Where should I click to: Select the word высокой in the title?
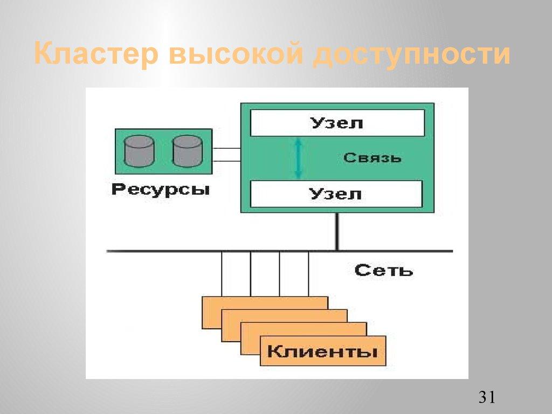(x=235, y=55)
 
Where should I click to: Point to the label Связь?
(x=372, y=158)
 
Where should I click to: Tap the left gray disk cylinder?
(x=139, y=151)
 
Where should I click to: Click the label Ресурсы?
(x=161, y=190)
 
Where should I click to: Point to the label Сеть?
(x=384, y=270)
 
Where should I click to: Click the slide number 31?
(x=486, y=398)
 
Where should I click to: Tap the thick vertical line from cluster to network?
(x=337, y=232)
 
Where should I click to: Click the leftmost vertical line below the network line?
(x=222, y=274)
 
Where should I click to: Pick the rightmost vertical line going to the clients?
(x=308, y=274)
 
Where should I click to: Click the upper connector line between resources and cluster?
(x=226, y=148)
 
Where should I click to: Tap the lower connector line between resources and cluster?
(x=226, y=160)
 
